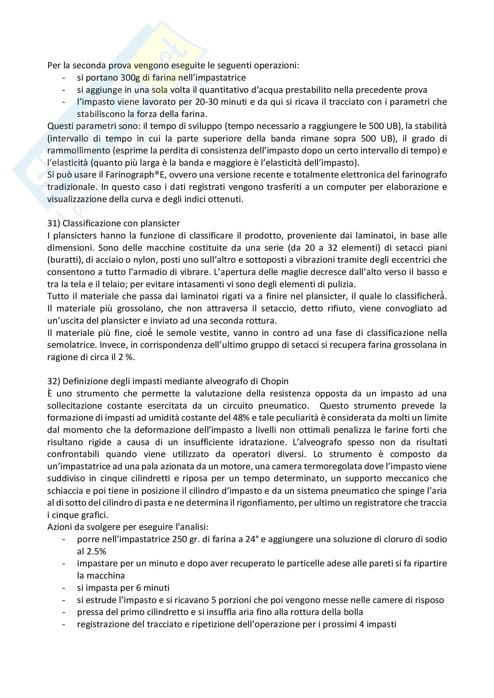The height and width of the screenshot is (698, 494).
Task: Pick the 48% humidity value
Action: pyautogui.click(x=241, y=418)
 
